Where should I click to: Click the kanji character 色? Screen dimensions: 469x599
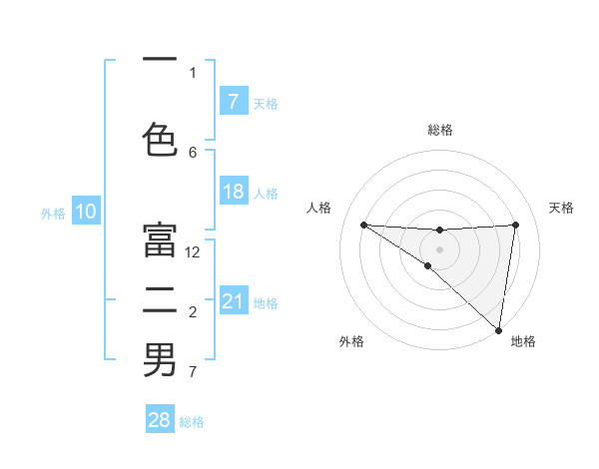tap(160, 138)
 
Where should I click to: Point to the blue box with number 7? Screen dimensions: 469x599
tap(233, 101)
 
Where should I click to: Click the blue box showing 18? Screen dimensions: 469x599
tap(233, 192)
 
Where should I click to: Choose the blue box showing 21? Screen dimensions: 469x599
tap(233, 301)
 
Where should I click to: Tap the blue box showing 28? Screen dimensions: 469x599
tap(160, 420)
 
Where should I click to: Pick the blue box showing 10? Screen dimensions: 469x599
tap(86, 212)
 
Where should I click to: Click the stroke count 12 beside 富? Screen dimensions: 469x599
tap(194, 252)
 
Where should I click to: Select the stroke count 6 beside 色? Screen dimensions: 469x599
tap(193, 152)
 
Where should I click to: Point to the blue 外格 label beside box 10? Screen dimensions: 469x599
tap(53, 213)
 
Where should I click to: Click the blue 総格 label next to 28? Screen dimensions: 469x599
tap(192, 422)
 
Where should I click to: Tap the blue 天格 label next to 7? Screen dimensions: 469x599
tap(266, 103)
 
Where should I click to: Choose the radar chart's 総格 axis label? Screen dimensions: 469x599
tap(440, 130)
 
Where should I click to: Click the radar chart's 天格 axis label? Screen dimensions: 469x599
tap(562, 208)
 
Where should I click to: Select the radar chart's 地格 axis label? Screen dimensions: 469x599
tap(523, 342)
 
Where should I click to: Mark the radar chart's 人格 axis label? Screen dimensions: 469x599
tap(318, 208)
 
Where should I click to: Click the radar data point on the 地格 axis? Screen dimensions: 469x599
tap(498, 329)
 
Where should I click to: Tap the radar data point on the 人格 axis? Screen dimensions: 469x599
tap(363, 225)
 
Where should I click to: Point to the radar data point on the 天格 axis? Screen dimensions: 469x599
tap(516, 225)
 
